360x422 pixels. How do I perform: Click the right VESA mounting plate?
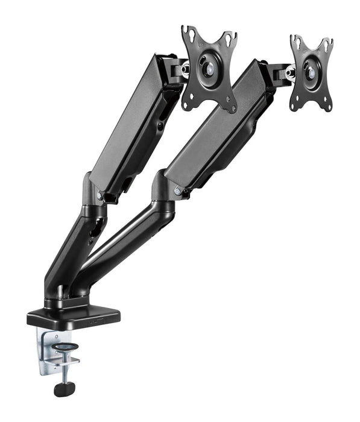pyautogui.click(x=311, y=72)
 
